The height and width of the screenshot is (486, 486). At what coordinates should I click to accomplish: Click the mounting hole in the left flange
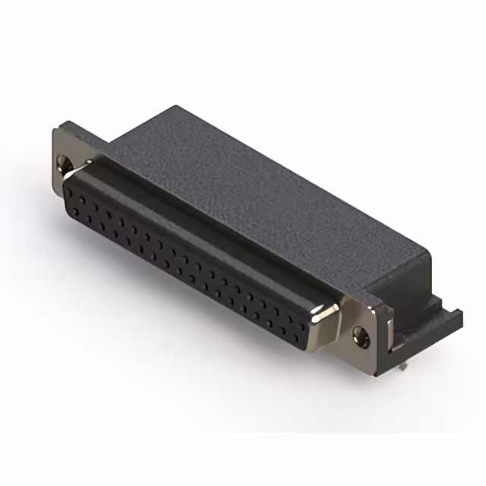pos(64,161)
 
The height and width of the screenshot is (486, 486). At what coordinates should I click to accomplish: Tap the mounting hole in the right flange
pos(362,333)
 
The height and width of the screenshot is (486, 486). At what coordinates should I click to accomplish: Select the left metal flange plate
pos(67,156)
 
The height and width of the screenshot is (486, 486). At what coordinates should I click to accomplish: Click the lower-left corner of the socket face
pos(72,216)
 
